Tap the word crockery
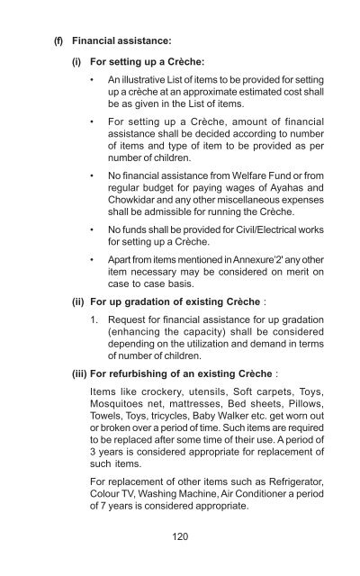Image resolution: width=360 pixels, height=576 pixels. (x=165, y=417)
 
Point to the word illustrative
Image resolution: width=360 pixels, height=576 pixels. (x=144, y=85)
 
